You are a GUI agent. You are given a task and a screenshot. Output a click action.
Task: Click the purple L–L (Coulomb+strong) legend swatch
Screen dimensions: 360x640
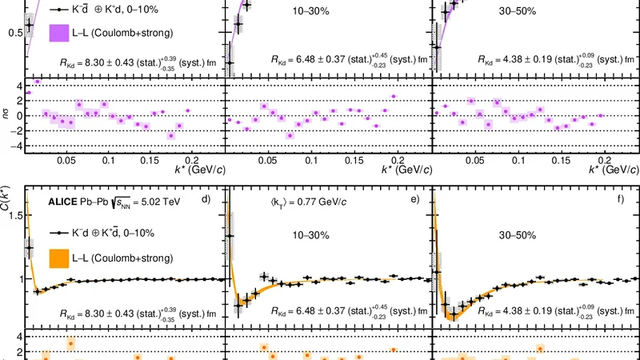click(x=62, y=33)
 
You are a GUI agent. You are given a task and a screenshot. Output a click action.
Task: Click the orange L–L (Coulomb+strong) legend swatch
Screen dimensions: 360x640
click(x=62, y=258)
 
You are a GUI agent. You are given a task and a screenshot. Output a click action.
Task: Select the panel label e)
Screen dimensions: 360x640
click(x=414, y=212)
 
